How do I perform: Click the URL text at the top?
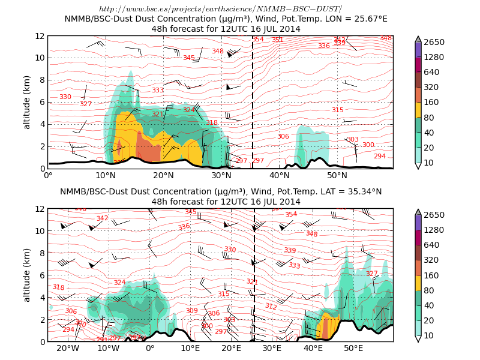(x=220, y=9)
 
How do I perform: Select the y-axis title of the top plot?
(x=27, y=102)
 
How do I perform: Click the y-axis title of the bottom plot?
(x=27, y=275)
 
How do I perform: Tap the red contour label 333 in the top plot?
(x=158, y=91)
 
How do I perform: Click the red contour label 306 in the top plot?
(x=283, y=137)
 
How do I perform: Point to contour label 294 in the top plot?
(x=380, y=156)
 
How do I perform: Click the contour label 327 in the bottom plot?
(x=372, y=274)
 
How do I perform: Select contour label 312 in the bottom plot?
(x=271, y=307)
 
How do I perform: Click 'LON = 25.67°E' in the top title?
(x=350, y=19)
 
